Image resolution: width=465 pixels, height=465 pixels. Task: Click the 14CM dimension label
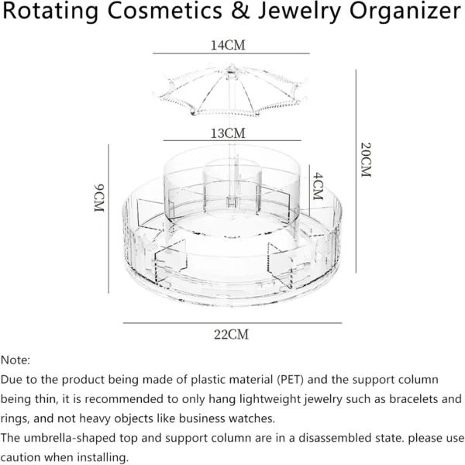(x=228, y=46)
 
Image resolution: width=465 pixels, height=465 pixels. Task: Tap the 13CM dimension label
(x=228, y=133)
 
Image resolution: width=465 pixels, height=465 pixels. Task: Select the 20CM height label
(x=366, y=160)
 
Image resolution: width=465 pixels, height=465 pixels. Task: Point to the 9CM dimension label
(x=99, y=198)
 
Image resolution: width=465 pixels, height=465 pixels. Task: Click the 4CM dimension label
(x=318, y=186)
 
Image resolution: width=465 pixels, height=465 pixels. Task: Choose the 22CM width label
(x=231, y=335)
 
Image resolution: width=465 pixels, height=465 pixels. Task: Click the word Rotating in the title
(x=50, y=12)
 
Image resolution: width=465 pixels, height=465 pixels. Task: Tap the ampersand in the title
(x=240, y=11)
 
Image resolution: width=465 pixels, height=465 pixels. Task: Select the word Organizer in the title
(x=405, y=12)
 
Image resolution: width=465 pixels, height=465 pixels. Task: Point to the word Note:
(x=15, y=360)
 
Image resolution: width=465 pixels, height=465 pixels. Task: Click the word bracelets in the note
(x=414, y=399)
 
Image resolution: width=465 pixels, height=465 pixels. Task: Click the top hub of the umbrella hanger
(x=231, y=70)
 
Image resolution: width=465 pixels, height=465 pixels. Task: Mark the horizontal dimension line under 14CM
(x=231, y=53)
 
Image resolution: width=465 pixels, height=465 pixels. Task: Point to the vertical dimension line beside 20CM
(x=356, y=171)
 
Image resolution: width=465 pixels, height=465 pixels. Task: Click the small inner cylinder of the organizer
(x=232, y=186)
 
